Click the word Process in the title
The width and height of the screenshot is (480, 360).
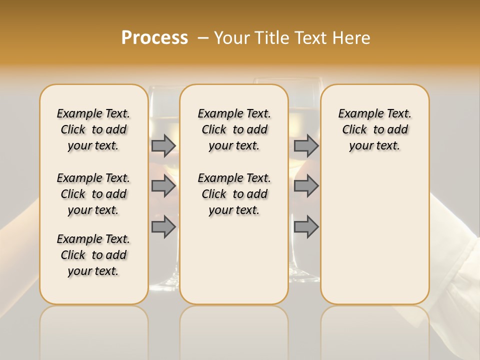click(154, 37)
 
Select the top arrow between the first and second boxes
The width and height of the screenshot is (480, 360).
click(163, 145)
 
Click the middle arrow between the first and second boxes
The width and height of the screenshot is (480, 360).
click(163, 186)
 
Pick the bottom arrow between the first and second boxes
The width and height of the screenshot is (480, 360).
click(163, 226)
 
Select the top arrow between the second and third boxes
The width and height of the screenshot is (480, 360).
click(306, 145)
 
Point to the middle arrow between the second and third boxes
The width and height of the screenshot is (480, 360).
click(306, 186)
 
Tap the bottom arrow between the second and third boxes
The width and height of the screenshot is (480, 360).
click(306, 226)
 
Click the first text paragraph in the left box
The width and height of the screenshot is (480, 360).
click(93, 129)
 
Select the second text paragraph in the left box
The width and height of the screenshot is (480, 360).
click(93, 194)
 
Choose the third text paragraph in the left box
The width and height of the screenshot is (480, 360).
click(93, 255)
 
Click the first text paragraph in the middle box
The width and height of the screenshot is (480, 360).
click(234, 129)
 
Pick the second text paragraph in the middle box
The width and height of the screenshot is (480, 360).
click(234, 194)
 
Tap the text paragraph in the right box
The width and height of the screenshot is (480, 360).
click(374, 129)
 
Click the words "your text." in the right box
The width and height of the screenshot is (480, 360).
click(374, 146)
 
